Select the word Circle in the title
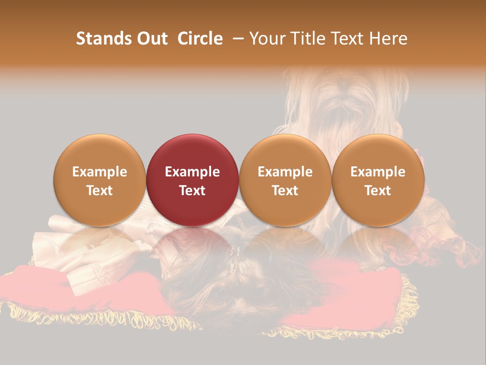tap(200, 39)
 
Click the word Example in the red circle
tap(192, 172)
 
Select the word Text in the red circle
tap(192, 191)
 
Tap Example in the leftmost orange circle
tap(100, 172)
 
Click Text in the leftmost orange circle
tap(100, 191)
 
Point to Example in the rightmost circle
tap(378, 172)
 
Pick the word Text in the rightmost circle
tap(378, 191)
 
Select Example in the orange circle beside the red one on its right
tap(285, 172)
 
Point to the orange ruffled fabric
tap(445, 238)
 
